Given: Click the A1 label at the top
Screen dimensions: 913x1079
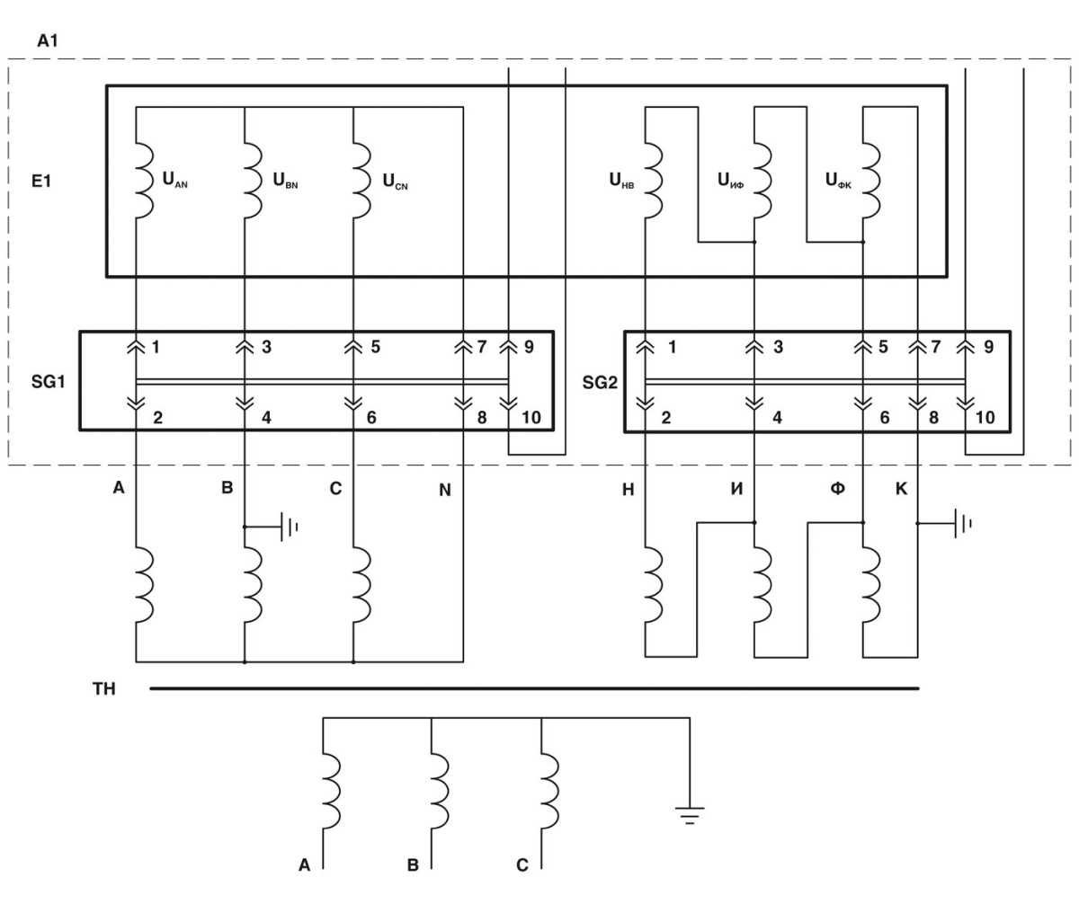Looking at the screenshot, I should point(48,41).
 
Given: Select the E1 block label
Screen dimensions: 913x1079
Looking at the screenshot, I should point(41,180).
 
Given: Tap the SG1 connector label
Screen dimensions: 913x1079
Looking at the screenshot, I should point(47,382).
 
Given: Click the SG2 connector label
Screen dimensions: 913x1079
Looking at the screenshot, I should point(600,382).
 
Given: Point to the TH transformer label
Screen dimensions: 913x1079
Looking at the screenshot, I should point(104,689).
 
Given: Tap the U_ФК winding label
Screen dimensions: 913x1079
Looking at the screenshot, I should point(838,180).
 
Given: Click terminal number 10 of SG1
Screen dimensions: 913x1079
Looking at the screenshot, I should point(531,417).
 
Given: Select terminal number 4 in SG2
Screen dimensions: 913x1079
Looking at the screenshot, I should point(777,417).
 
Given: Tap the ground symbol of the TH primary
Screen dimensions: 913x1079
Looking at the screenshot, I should point(690,815).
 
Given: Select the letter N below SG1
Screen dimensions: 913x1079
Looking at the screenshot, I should point(444,491).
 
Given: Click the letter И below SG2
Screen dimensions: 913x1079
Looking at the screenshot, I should point(736,490).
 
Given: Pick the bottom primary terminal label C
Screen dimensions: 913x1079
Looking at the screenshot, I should point(522,866).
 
